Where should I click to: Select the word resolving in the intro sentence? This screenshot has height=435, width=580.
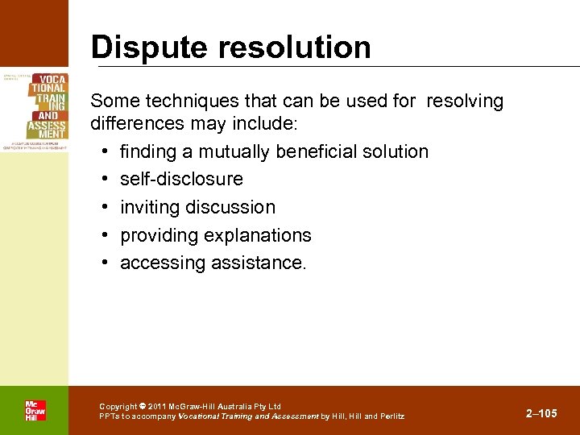pyautogui.click(x=465, y=101)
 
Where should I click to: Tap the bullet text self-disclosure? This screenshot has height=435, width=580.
pyautogui.click(x=181, y=179)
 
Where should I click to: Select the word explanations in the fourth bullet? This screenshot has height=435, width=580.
pyautogui.click(x=258, y=235)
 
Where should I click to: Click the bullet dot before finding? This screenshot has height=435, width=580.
pyautogui.click(x=106, y=151)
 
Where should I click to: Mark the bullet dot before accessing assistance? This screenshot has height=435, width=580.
pyautogui.click(x=106, y=263)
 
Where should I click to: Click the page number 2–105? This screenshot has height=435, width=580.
pyautogui.click(x=541, y=413)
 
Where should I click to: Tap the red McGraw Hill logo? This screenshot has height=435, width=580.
pyautogui.click(x=35, y=410)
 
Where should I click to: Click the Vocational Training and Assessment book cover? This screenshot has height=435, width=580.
pyautogui.click(x=35, y=109)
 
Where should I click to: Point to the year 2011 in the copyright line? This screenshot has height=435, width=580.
pyautogui.click(x=158, y=406)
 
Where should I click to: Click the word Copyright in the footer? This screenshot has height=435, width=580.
pyautogui.click(x=118, y=406)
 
